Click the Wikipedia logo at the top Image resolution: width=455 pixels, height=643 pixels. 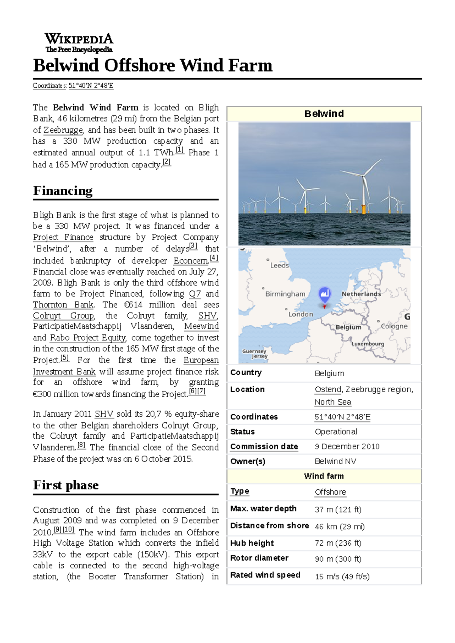[79, 42]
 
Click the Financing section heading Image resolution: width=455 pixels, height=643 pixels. [63, 191]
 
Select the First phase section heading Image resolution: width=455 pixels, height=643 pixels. [66, 485]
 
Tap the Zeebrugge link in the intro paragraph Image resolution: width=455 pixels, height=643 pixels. [63, 130]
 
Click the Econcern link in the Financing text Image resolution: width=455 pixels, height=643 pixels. [191, 261]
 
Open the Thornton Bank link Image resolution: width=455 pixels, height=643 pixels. [63, 305]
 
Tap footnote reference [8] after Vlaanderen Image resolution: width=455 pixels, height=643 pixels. [81, 446]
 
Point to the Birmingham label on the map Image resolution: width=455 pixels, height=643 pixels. [285, 294]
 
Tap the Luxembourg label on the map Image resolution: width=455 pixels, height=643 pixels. [367, 344]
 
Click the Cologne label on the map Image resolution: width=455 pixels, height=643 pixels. [394, 326]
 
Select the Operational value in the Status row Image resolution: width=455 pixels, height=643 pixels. [336, 432]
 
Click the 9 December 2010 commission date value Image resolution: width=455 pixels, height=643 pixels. [347, 446]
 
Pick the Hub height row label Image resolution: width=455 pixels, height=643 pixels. [252, 543]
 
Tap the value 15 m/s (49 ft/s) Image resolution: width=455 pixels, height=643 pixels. [342, 576]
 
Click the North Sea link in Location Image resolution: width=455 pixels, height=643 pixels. [333, 402]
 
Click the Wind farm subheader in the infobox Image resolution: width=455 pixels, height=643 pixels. [324, 476]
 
